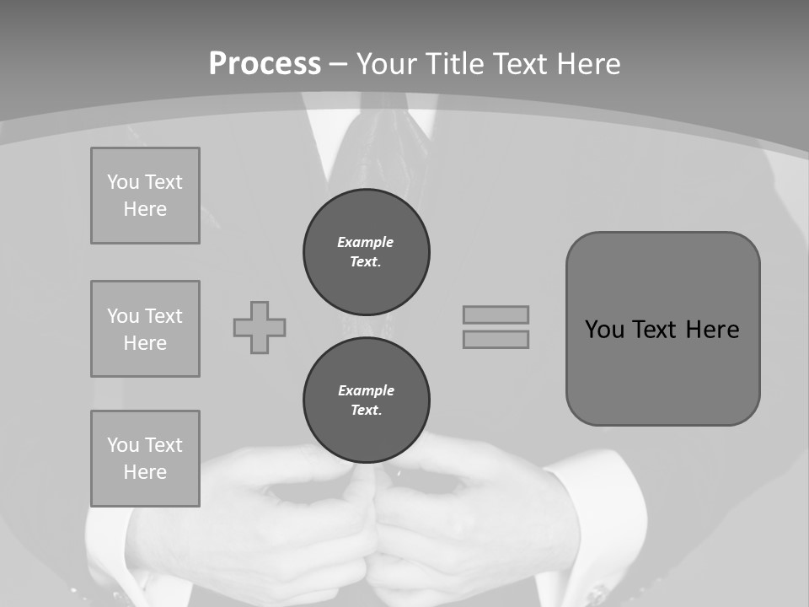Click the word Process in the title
pos(265,64)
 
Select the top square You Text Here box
pos(145,196)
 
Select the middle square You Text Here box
pos(145,329)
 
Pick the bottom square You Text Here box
pos(145,459)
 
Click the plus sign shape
pos(260,327)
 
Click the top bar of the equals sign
pos(496,314)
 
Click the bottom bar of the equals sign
pos(496,339)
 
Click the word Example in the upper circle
pos(365,242)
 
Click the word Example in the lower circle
pos(366,390)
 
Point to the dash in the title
pos(339,64)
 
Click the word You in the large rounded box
pos(604,330)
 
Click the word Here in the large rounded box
pos(712,330)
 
